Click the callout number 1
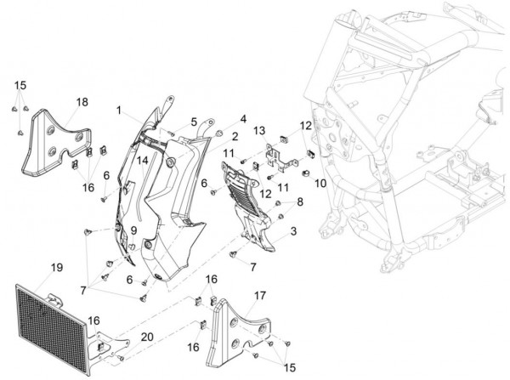coord(119,111)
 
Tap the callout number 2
coord(235,137)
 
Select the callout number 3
coord(293,231)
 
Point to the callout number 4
coord(243,119)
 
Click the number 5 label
coord(194,122)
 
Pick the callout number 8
coord(300,201)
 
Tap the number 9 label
coord(133,230)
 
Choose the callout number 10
coord(320,183)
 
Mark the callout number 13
coord(259,131)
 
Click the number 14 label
coord(142,161)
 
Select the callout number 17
coord(260,296)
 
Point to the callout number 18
coord(82,102)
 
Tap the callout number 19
coord(57,268)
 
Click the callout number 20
coord(147,337)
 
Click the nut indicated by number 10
coord(306,174)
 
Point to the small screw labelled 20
coord(121,358)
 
